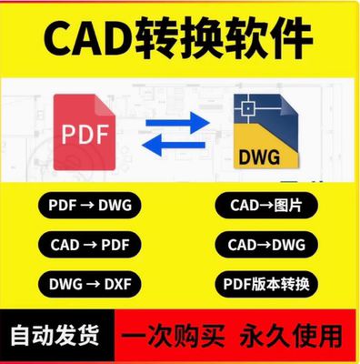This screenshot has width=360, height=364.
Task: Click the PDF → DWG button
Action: coord(87,206)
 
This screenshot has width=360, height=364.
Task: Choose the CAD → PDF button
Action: coord(87,244)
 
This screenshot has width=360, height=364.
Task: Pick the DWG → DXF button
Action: coord(87,283)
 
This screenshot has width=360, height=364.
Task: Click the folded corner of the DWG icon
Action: coord(292,104)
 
